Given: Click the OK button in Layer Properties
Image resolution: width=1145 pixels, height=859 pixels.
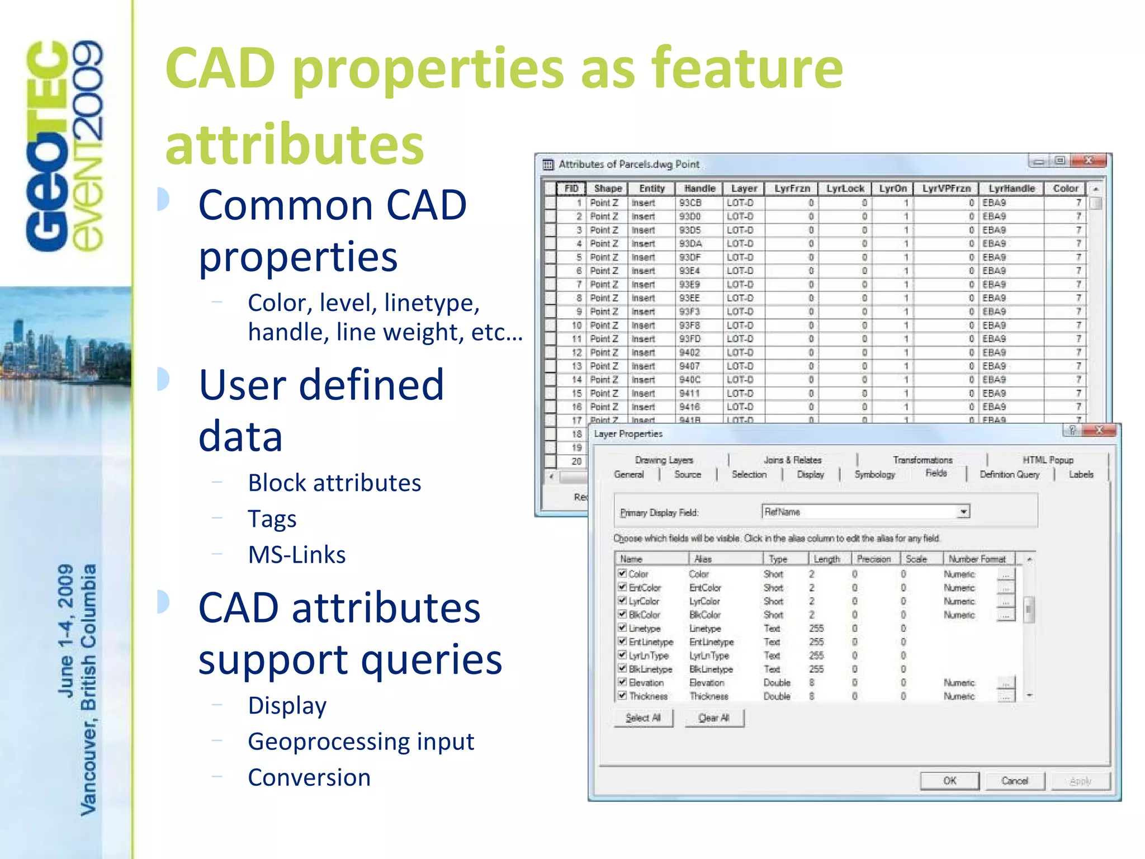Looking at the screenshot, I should pos(949,781).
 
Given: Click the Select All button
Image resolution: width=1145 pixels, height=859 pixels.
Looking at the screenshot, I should pos(643,718).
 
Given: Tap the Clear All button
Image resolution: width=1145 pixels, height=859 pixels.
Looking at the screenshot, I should pos(714,718).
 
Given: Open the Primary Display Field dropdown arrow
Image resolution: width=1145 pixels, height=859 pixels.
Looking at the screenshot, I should pos(963,512).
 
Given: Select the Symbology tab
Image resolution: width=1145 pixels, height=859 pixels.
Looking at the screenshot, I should pos(874,474).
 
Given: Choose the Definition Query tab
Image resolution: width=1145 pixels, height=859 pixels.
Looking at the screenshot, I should pos(1009,474).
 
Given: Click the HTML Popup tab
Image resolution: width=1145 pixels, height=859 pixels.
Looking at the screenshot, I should pos(1048,460).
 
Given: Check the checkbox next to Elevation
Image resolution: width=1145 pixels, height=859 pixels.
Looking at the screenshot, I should pos(622,682).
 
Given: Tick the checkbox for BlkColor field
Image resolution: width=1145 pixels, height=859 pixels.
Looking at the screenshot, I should pos(622,614).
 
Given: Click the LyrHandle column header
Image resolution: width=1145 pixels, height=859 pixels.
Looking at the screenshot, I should pos(1011,188).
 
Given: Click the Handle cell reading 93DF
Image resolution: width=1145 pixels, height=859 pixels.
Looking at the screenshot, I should pos(689,257).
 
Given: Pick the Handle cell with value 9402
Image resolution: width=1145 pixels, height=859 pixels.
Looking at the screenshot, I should pos(689,352).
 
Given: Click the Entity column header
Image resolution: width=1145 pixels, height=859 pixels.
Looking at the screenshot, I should pos(652,188).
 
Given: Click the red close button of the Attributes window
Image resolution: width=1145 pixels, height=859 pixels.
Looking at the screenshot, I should pos(1088,161).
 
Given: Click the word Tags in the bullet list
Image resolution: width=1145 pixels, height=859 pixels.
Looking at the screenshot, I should pos(272,518).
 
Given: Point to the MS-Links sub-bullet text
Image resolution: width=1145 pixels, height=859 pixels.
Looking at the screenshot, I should pos(297,555).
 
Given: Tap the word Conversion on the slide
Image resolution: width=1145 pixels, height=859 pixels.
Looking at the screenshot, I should pos(309,777).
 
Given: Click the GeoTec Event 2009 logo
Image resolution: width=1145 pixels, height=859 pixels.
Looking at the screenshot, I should pos(65,145).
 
